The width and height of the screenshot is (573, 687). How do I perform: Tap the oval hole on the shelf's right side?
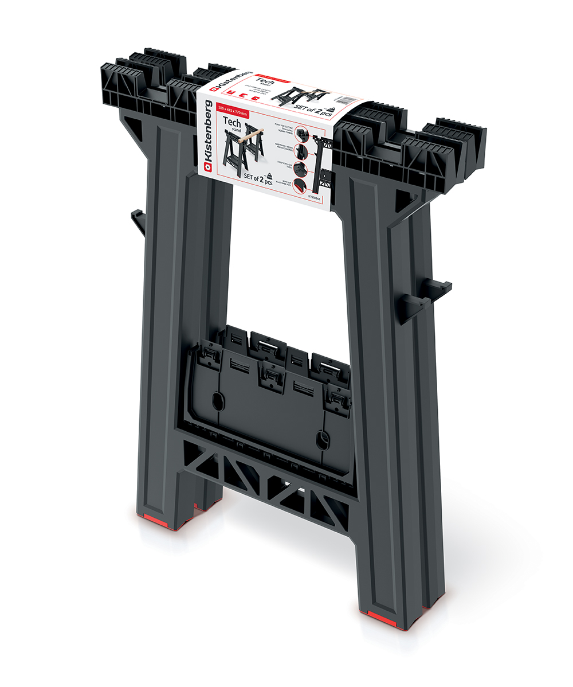[x=323, y=440]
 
